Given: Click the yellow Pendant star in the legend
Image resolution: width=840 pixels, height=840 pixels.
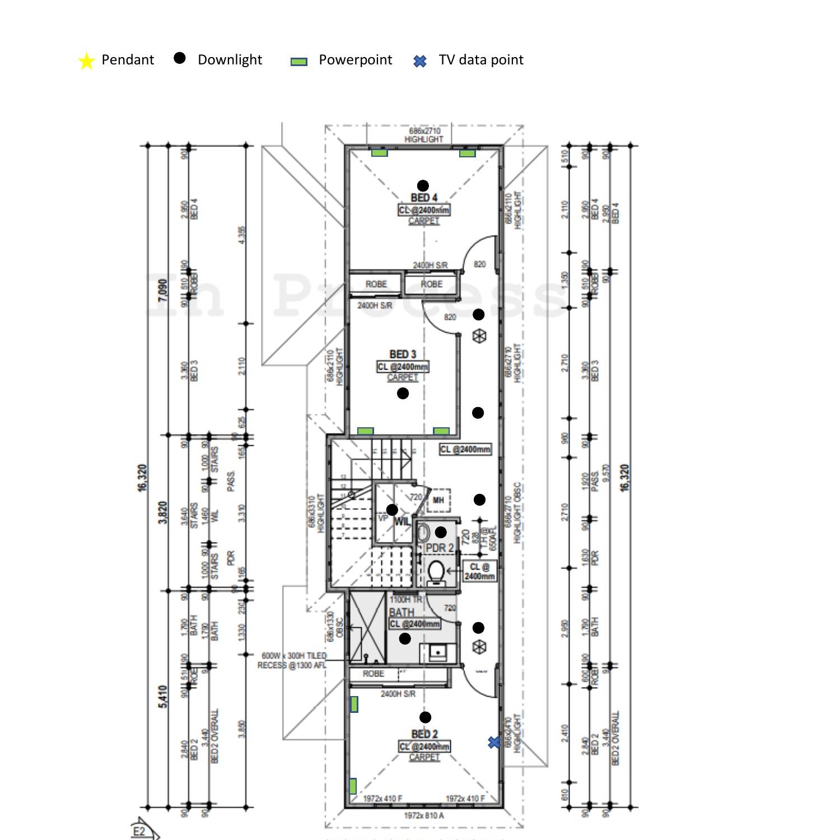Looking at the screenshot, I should coord(86,61).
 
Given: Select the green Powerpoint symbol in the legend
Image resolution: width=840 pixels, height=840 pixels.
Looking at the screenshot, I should coord(299,62).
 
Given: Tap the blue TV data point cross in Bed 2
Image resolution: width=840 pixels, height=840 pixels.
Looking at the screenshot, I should coord(494,742).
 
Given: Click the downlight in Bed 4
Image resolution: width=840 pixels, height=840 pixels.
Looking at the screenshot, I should coord(423,185).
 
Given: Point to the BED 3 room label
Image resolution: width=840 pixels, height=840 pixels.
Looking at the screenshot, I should coord(403,354).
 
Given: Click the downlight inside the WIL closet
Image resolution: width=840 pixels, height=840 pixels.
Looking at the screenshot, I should coord(392,510).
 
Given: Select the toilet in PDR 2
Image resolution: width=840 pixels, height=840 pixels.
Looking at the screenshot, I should coord(436,573).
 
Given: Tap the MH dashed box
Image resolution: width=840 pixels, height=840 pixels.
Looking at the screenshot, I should coord(438,500).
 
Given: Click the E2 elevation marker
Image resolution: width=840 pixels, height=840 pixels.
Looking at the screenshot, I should coord(140,830).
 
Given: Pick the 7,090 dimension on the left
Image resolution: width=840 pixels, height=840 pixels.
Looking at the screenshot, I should coord(163,290).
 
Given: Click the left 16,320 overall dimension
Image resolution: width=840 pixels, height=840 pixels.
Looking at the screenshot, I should coord(142,478).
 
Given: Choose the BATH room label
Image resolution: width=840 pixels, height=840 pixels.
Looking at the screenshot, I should coord(402,613).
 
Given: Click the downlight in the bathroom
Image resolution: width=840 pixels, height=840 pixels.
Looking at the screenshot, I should coord(405,638).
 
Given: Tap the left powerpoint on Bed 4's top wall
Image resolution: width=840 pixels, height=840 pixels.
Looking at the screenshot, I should coord(380,153).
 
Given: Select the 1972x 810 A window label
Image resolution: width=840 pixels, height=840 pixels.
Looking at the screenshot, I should coord(423,815).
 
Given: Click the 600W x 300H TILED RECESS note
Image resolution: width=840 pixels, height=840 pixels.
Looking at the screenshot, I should coord(292,660).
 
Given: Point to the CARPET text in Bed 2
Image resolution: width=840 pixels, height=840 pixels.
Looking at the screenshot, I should coord(424,757).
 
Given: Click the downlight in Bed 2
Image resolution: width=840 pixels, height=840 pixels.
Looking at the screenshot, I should coord(425,717).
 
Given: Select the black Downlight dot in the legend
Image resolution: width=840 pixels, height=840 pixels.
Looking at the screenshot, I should coord(179,58).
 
